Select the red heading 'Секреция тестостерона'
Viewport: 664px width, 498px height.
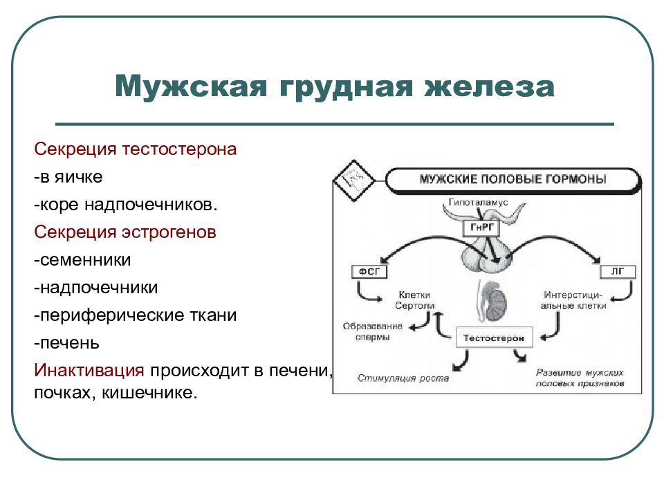click(x=136, y=149)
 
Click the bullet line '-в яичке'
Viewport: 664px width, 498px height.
click(x=68, y=177)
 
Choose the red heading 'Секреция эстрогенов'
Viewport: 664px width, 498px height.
click(x=125, y=232)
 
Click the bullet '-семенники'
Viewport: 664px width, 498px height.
click(x=83, y=260)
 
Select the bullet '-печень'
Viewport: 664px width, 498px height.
click(x=67, y=343)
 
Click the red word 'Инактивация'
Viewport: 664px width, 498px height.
click(x=89, y=370)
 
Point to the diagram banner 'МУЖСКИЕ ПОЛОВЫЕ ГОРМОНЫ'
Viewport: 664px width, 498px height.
click(x=513, y=179)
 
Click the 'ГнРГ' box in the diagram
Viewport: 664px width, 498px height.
click(x=479, y=228)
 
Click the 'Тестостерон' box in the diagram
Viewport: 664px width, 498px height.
click(x=494, y=339)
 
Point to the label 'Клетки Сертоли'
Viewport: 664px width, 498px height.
click(x=414, y=299)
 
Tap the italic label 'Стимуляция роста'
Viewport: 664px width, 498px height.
click(x=403, y=378)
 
